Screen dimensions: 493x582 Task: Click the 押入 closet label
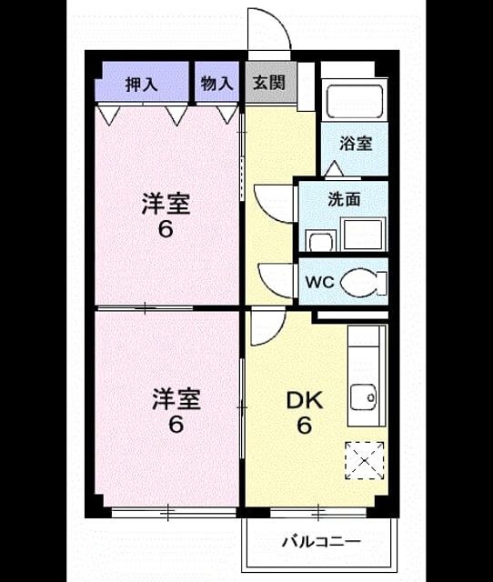click(141, 85)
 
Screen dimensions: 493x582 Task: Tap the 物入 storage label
click(216, 84)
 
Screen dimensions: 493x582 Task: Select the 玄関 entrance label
click(269, 83)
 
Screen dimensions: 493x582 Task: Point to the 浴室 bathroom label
click(356, 144)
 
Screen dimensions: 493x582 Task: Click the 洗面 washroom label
click(344, 200)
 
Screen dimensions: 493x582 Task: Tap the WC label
click(320, 283)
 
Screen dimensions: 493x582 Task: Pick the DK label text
click(304, 401)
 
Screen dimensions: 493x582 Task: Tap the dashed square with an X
click(365, 461)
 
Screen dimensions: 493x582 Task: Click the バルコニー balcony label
click(321, 542)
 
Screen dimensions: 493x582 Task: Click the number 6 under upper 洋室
click(166, 229)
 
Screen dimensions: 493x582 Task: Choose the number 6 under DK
click(304, 425)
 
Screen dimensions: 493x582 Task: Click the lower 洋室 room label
click(176, 399)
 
